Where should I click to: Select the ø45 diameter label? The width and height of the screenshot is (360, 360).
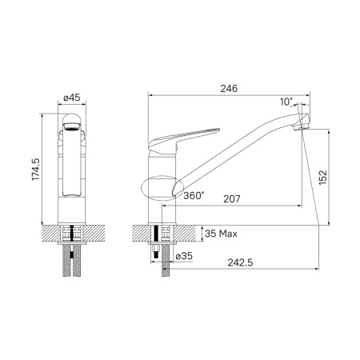click(71, 98)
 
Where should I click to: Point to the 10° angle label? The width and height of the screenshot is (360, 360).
click(286, 102)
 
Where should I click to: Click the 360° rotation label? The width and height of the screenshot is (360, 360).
click(193, 195)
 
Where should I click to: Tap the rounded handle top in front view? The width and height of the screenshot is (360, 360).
click(71, 119)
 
